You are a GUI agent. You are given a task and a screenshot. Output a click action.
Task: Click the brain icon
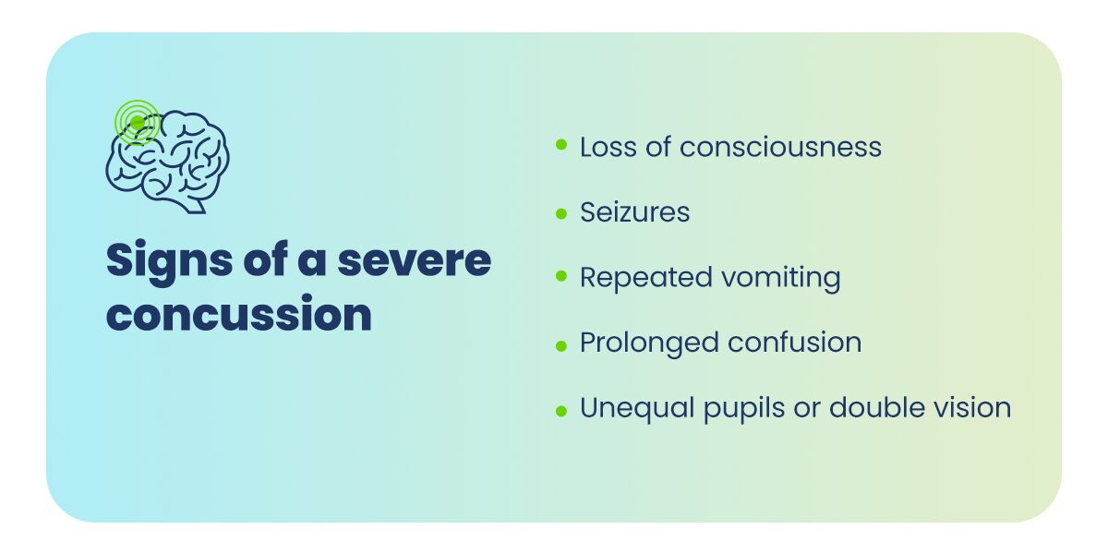(x=168, y=158)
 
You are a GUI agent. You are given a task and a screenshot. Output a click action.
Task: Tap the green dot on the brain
(x=138, y=122)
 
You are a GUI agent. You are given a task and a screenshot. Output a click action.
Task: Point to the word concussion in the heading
(x=238, y=315)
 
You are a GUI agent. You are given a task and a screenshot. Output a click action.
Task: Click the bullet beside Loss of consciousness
(x=561, y=145)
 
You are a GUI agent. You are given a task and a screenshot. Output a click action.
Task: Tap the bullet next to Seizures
(x=561, y=213)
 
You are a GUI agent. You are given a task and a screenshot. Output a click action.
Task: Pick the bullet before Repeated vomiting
(x=561, y=277)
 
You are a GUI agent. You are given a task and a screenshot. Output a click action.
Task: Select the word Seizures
(x=634, y=212)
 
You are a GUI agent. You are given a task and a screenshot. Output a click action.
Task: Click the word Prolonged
(x=648, y=343)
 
